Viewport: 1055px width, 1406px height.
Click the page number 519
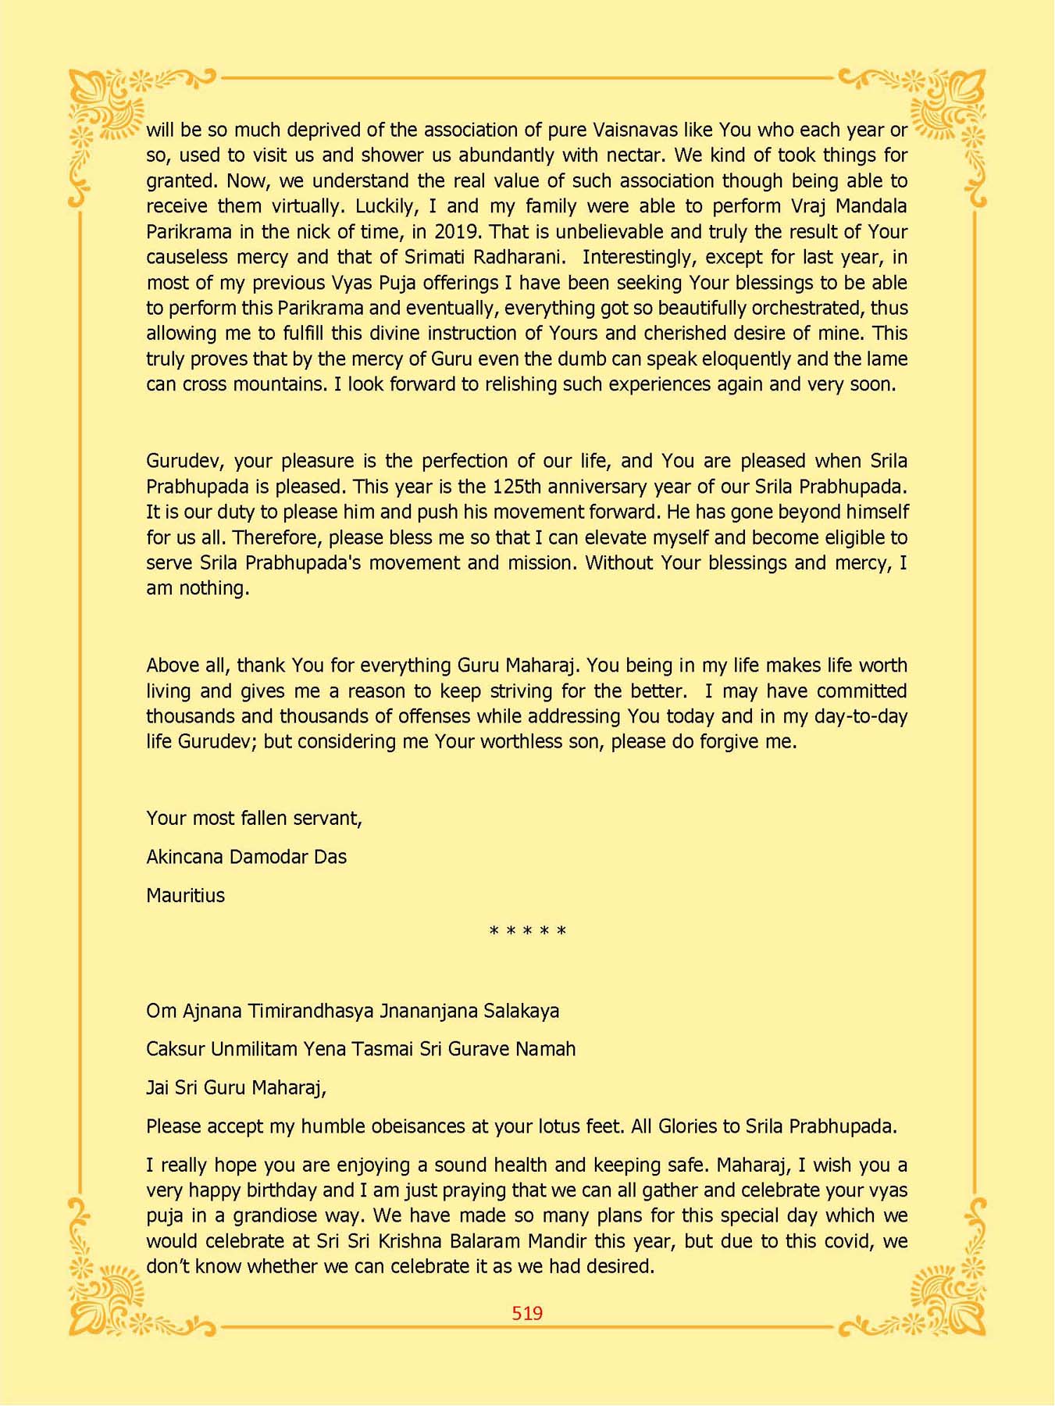pyautogui.click(x=527, y=1313)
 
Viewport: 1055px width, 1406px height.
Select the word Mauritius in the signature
pyautogui.click(x=185, y=895)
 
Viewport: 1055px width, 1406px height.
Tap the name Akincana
pyautogui.click(x=184, y=857)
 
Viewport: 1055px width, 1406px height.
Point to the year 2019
pyautogui.click(x=456, y=232)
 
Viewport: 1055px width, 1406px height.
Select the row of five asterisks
pyautogui.click(x=527, y=932)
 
